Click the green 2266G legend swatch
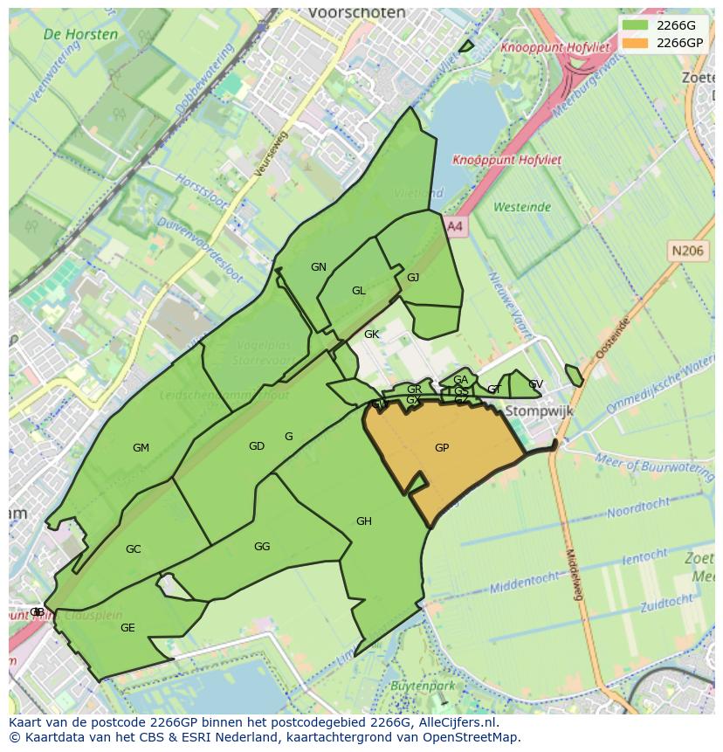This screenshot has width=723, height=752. (636, 25)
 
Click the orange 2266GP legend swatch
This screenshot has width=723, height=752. (636, 43)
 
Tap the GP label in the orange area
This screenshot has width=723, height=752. (442, 448)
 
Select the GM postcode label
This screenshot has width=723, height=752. (141, 448)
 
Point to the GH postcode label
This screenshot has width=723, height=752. (364, 521)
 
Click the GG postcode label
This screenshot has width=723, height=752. (262, 547)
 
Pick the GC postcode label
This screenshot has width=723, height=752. (133, 549)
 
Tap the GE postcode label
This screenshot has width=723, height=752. (127, 628)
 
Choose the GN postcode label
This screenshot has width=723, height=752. (319, 267)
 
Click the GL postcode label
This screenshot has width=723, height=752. (359, 291)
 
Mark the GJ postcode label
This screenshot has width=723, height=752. (413, 278)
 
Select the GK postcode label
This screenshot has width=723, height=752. (372, 335)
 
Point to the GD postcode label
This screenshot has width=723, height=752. (256, 446)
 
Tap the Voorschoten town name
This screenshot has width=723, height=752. (357, 13)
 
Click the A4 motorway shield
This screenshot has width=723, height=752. (455, 226)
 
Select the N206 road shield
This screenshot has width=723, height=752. (687, 251)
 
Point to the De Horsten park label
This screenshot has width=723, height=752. (80, 35)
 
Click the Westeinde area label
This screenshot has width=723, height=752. (522, 207)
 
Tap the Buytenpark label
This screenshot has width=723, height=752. (423, 686)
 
